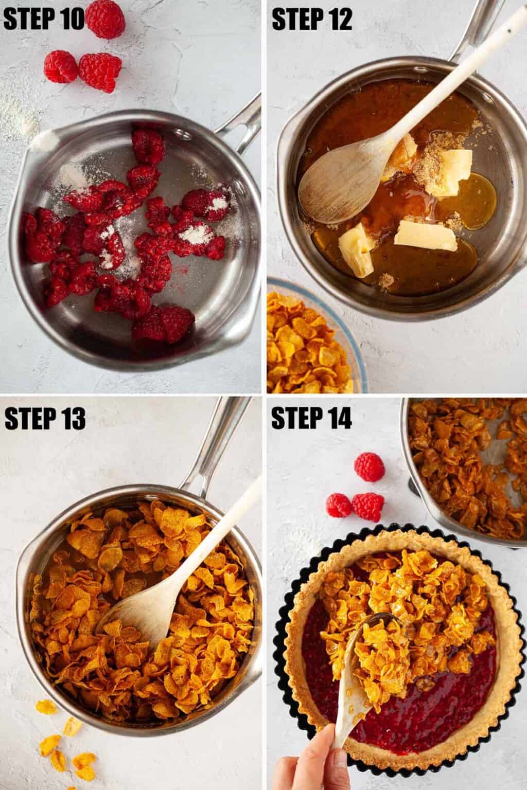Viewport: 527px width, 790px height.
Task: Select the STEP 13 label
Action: point(45,419)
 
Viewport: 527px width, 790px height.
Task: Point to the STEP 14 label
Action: point(311,419)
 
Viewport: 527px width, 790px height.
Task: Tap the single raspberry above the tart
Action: point(369,466)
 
